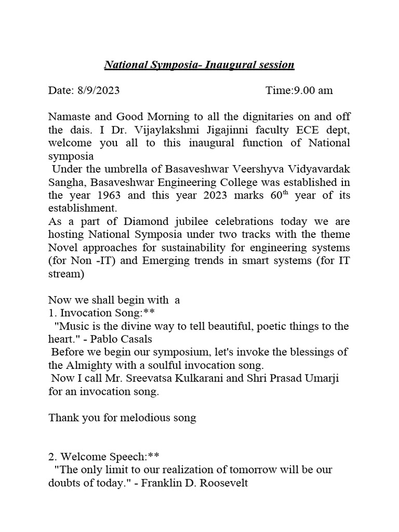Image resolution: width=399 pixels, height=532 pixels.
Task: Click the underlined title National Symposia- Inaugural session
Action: coord(199,65)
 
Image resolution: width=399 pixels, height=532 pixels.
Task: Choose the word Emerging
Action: coord(151,261)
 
